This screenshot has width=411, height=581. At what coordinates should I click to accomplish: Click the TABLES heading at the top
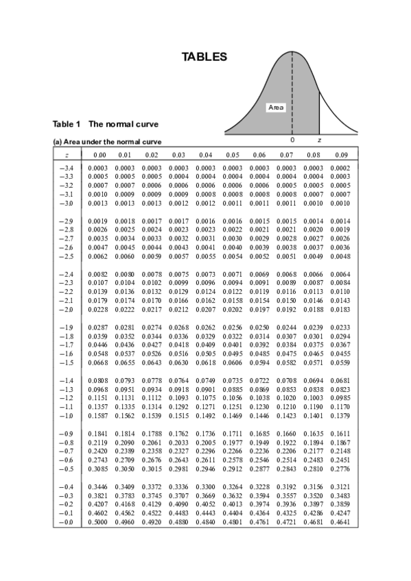[x=204, y=57]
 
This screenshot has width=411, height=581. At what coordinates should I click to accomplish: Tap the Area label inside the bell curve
[x=276, y=108]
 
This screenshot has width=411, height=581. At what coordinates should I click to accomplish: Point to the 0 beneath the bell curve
[x=292, y=140]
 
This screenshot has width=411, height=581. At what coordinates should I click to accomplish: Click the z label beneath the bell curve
[x=319, y=140]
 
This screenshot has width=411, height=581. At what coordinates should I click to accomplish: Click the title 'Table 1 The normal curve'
[x=106, y=124]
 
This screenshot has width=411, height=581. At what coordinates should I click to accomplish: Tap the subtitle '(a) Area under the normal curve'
[x=107, y=142]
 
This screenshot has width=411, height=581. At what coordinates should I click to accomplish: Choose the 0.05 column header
[x=233, y=155]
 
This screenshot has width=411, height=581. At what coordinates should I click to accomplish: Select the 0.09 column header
[x=340, y=155]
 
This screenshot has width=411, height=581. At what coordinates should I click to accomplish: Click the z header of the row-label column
[x=67, y=155]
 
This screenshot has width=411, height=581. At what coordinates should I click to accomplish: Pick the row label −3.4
[x=67, y=168]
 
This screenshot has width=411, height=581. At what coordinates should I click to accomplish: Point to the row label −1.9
[x=67, y=328]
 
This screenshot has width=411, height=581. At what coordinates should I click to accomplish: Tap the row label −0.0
[x=67, y=522]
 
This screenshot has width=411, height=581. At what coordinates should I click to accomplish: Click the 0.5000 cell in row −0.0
[x=97, y=522]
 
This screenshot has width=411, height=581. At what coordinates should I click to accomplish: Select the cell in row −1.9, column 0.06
[x=259, y=328]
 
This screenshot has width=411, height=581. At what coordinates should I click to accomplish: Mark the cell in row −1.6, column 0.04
[x=205, y=354]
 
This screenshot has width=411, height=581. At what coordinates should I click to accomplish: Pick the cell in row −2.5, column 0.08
[x=313, y=256]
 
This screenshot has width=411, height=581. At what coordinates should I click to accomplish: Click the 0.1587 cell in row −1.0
[x=97, y=416]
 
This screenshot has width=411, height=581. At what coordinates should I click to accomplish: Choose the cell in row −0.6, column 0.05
[x=233, y=460]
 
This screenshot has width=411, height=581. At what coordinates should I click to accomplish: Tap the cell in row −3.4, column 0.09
[x=340, y=168]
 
